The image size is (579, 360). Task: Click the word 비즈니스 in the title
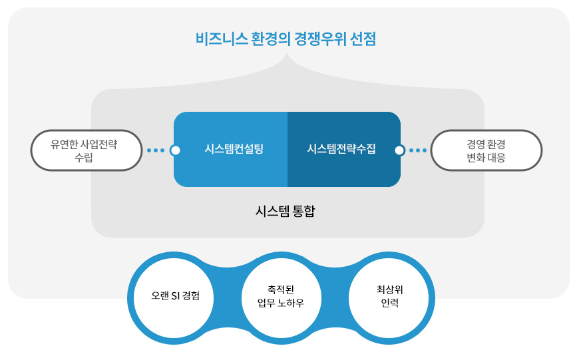(x=221, y=39)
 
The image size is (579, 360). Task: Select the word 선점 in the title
(x=363, y=39)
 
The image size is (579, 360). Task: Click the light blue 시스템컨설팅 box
(x=231, y=149)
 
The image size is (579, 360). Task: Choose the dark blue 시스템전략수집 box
(x=344, y=149)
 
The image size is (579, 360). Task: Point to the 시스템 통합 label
(x=285, y=211)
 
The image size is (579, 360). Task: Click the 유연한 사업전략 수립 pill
(x=87, y=150)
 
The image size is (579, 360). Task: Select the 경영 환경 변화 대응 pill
(x=486, y=150)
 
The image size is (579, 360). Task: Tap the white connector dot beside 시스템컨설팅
(x=176, y=150)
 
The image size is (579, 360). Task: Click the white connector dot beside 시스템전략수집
(x=399, y=150)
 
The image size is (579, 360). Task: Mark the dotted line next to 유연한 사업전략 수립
(x=156, y=150)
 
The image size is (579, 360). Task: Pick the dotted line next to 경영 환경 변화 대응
(x=418, y=150)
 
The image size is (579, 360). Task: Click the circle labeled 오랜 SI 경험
(x=174, y=298)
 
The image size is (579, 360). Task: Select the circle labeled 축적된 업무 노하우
(x=282, y=298)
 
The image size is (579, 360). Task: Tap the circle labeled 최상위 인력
(x=389, y=298)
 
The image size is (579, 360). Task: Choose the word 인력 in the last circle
(x=389, y=303)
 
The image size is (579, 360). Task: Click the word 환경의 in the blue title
(x=271, y=39)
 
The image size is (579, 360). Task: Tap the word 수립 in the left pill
(x=84, y=158)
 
